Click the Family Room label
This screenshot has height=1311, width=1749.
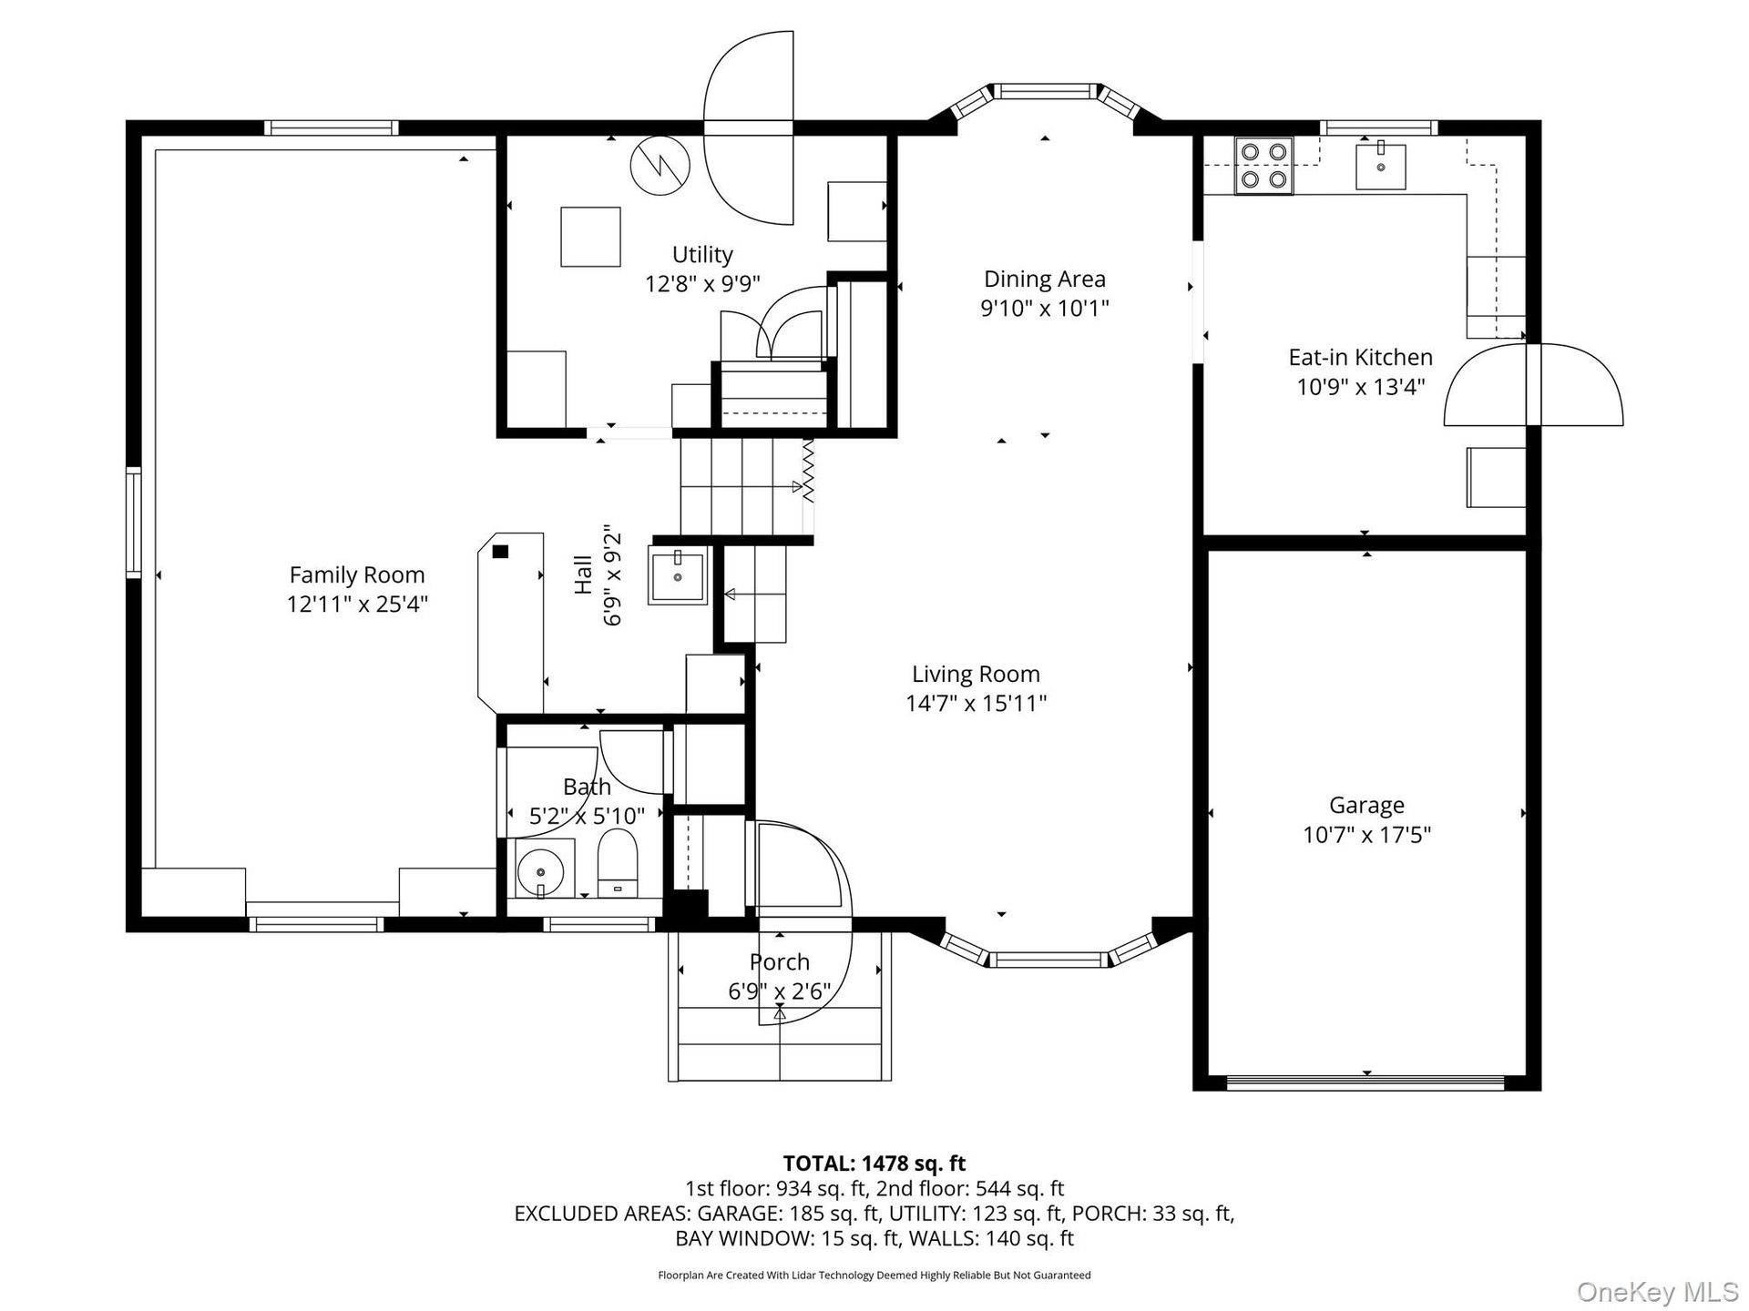point(357,574)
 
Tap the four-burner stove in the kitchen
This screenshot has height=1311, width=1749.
point(1263,166)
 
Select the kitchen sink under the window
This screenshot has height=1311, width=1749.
point(1381,166)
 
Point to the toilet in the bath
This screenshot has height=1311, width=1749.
point(619,863)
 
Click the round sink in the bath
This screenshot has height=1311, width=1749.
point(541,870)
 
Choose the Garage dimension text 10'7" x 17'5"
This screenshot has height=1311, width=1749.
point(1366,834)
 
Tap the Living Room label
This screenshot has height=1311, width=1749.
point(976,674)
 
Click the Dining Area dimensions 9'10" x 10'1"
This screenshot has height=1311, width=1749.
point(1044,308)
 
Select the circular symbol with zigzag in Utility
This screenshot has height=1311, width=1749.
point(660,166)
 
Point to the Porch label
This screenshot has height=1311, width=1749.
point(779,961)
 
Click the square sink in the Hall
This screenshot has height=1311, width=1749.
point(678,575)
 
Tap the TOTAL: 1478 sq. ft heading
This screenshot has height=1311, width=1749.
point(874,1163)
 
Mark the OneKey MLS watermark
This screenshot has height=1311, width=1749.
point(1657,1290)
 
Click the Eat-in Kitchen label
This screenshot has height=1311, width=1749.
point(1360,357)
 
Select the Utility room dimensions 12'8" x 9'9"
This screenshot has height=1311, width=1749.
point(702,283)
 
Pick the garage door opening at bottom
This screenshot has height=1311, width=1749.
point(1365,1082)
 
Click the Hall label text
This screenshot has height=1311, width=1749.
point(583,575)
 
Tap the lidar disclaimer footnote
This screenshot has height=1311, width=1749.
point(874,1275)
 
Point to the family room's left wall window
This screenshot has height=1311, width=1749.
point(134,522)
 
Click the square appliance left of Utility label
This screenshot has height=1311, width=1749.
point(590,237)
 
